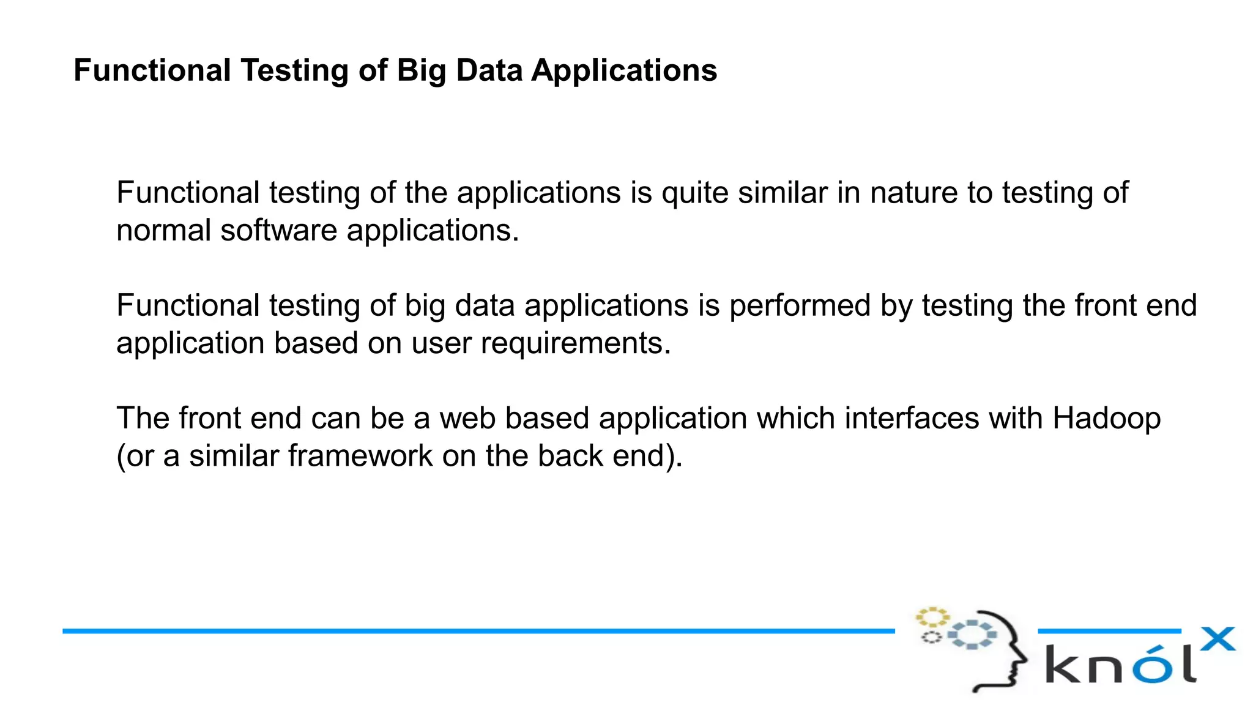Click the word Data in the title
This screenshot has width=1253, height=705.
(489, 70)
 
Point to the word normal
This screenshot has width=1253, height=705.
(163, 231)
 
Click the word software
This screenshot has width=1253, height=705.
(278, 231)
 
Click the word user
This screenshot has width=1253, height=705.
(441, 344)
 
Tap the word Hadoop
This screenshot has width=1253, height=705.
(1106, 419)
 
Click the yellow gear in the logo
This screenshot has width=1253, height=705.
(932, 616)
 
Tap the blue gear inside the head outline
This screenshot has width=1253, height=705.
(972, 635)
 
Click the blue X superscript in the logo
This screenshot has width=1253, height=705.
(1218, 639)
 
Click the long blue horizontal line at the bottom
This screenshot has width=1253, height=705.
(477, 630)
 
